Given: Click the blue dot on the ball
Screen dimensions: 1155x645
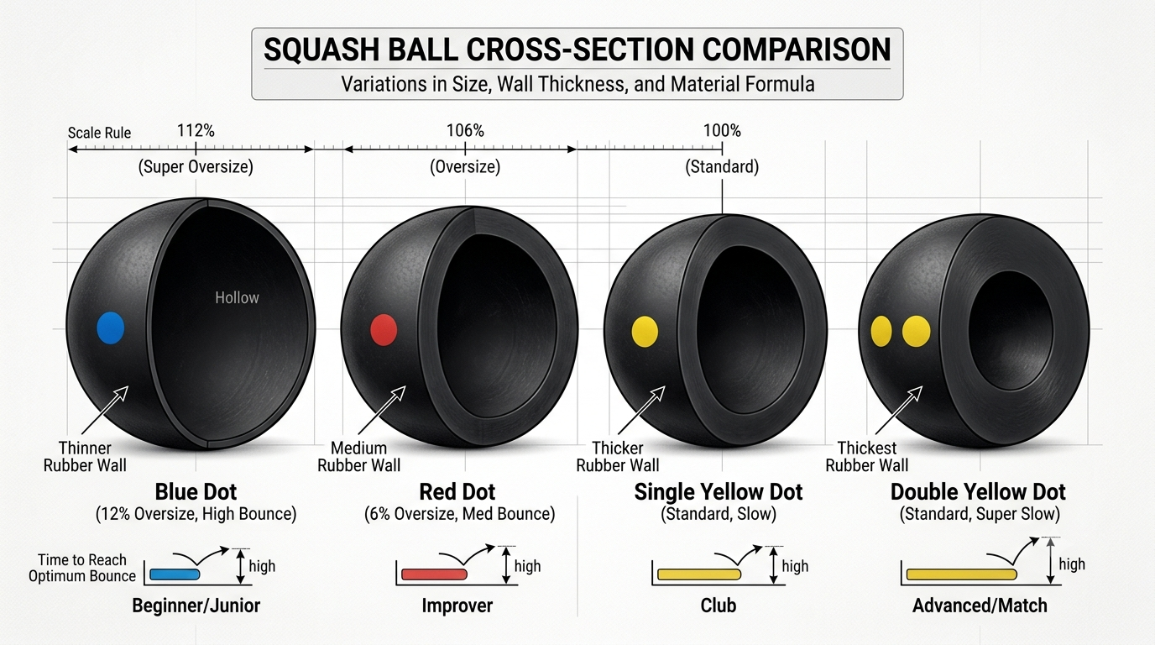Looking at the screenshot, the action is coord(110,328).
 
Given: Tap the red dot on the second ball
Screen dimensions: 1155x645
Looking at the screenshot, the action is coord(384,330).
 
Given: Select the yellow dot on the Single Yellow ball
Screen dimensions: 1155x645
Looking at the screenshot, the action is coord(645,331).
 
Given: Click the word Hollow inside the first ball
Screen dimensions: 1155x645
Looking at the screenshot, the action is coord(237,297).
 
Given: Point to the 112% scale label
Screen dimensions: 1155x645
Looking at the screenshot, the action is coord(196,130).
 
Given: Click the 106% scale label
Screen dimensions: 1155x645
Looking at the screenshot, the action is coord(465,130).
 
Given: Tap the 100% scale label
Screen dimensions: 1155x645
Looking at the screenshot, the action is coord(722,130).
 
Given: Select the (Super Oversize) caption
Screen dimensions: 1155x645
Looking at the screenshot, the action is coord(196,166).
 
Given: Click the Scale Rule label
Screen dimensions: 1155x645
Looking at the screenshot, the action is coord(100,133).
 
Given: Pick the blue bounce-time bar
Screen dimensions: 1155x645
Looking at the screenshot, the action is coord(175,574).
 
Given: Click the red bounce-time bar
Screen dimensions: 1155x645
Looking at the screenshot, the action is coord(434,574).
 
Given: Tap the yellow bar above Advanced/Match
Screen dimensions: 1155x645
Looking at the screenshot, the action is coord(962,574).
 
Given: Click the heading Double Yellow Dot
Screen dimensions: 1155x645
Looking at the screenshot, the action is coord(978,492).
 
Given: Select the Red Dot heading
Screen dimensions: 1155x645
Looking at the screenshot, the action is coord(457,492).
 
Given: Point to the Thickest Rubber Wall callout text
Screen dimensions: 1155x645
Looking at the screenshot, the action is coord(867,457).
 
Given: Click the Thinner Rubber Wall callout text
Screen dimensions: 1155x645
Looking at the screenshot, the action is coord(85,457).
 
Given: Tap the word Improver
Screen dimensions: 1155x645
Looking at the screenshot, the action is coord(457,606).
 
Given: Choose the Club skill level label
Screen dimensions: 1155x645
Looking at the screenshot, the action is coord(719,606).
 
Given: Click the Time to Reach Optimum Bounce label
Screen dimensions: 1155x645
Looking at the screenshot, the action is coord(82,568).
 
